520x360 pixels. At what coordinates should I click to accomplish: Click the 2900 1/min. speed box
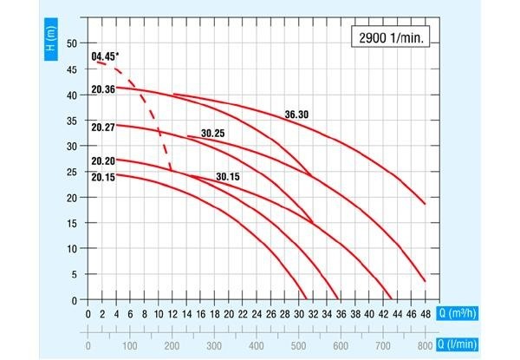point(392,37)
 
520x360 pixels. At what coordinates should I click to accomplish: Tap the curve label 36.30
point(296,114)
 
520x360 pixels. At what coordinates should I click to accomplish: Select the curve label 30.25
point(213,134)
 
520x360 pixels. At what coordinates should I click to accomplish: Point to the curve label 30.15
point(228,177)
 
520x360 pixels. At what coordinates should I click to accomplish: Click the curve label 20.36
point(102,89)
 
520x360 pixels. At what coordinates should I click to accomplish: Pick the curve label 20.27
point(102,128)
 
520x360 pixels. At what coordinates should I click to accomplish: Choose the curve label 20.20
point(102,161)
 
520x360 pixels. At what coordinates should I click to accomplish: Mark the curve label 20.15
point(102,178)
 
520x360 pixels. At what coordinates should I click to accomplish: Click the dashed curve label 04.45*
point(106,58)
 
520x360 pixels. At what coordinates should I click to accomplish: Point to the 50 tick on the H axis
point(73,43)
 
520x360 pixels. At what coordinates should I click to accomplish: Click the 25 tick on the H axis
point(73,172)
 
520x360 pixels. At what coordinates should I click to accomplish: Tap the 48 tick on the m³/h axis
point(425,314)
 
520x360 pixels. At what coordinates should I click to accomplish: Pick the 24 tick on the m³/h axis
point(257,314)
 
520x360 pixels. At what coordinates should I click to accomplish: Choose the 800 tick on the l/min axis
point(425,344)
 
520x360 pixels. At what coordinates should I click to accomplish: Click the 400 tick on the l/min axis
point(257,344)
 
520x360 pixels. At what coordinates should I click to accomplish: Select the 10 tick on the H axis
point(73,249)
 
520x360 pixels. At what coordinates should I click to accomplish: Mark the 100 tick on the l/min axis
point(130,344)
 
